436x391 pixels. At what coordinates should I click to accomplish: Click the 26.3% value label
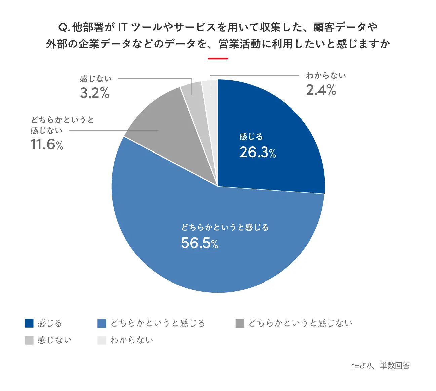tap(257, 153)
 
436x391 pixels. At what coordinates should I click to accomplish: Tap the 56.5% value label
tap(199, 243)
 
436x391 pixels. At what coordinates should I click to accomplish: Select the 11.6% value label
tap(47, 145)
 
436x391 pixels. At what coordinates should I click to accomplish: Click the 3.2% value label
tap(94, 93)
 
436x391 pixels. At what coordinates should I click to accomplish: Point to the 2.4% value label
tap(321, 90)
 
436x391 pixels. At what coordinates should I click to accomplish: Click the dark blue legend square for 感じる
tap(29, 323)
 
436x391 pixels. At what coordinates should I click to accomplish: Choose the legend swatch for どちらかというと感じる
tap(102, 323)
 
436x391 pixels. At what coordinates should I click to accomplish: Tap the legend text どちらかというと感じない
tap(300, 323)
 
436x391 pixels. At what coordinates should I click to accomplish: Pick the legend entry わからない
tap(131, 340)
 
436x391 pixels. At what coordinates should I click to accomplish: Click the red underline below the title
tap(218, 59)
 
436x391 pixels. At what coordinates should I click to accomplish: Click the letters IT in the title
tap(123, 27)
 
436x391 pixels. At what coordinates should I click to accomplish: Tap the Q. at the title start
tap(64, 27)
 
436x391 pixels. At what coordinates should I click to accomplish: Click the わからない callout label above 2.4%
tap(326, 76)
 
